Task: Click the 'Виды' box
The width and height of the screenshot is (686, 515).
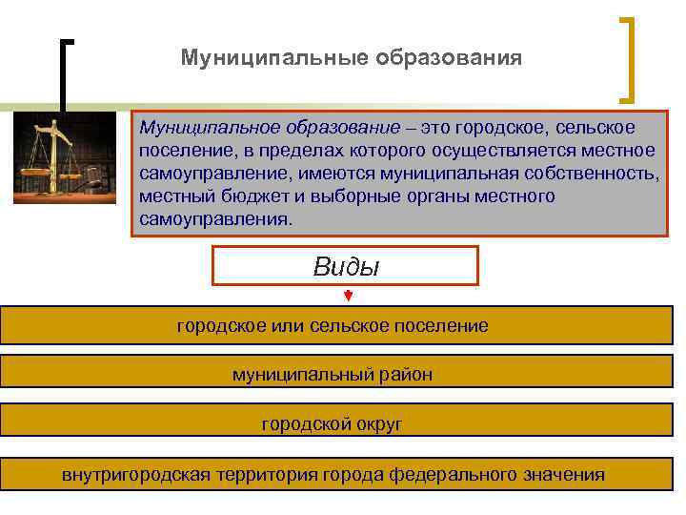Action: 345,266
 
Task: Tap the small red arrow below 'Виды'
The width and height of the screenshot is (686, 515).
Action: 349,297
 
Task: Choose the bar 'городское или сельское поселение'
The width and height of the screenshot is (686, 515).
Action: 333,326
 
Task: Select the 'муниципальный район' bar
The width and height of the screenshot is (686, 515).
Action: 333,375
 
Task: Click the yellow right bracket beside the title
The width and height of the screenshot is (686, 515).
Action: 630,57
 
